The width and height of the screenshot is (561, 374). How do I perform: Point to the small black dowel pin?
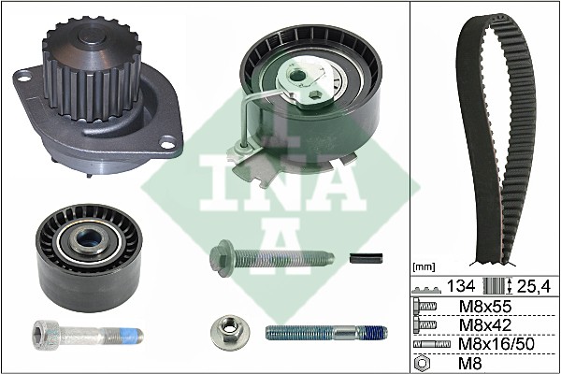pos(367,258)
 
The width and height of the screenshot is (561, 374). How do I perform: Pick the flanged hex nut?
pos(227,330)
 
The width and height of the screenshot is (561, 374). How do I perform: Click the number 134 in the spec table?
pos(461,285)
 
